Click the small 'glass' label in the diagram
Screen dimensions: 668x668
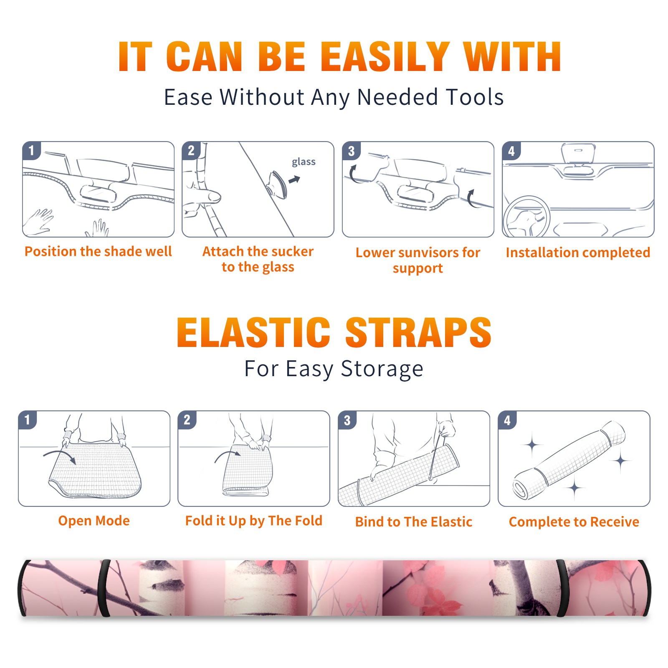(304, 162)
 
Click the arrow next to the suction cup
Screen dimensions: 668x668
(295, 180)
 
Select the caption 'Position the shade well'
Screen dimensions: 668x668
(98, 251)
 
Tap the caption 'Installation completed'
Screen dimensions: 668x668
(578, 252)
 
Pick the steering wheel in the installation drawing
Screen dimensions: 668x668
(527, 217)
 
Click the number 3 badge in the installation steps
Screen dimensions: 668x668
(351, 151)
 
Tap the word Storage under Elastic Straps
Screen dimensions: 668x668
(382, 369)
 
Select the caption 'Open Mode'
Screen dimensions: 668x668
(94, 521)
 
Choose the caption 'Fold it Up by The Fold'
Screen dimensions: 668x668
(254, 521)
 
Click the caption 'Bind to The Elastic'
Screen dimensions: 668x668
(414, 522)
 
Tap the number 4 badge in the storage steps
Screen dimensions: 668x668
(507, 420)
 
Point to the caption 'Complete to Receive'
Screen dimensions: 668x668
(574, 522)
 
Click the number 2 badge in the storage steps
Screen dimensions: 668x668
(187, 420)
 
